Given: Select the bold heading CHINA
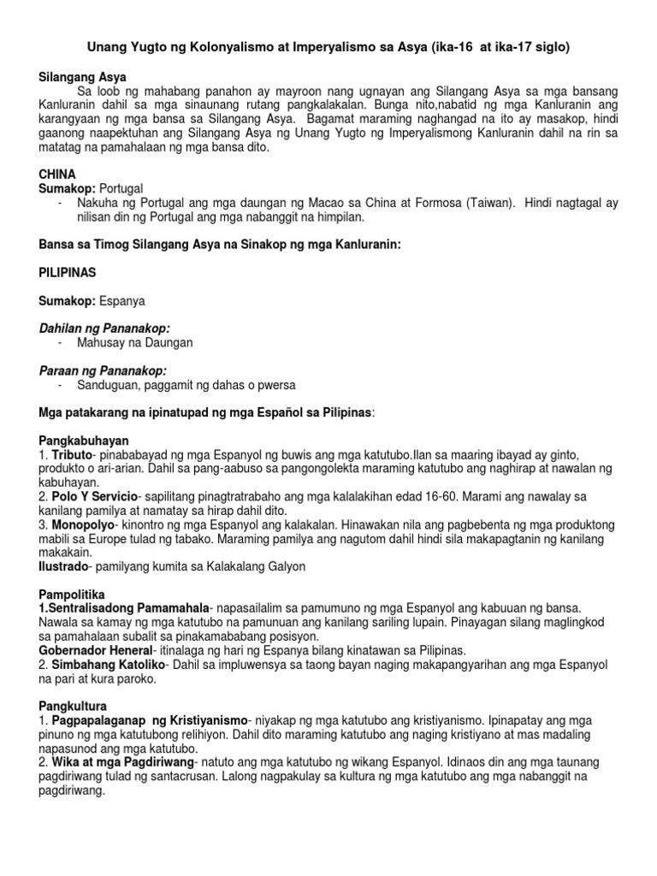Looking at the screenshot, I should coord(57,174).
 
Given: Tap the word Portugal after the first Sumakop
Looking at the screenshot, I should coord(121,187).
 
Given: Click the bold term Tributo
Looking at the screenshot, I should coord(74,454).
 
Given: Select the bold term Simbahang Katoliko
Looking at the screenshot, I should coord(105,664).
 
